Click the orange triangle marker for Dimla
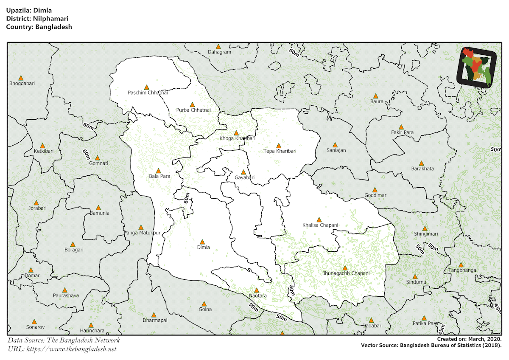[202, 241]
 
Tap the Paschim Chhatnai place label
[148, 93]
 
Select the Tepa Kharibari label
[280, 151]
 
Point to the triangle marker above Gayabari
[243, 172]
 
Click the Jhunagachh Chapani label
[346, 274]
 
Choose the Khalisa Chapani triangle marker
[319, 219]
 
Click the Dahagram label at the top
[219, 52]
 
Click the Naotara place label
[257, 295]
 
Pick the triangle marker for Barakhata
[421, 163]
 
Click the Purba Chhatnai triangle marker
[192, 104]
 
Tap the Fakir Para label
[402, 132]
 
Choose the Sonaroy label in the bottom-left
[35, 327]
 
